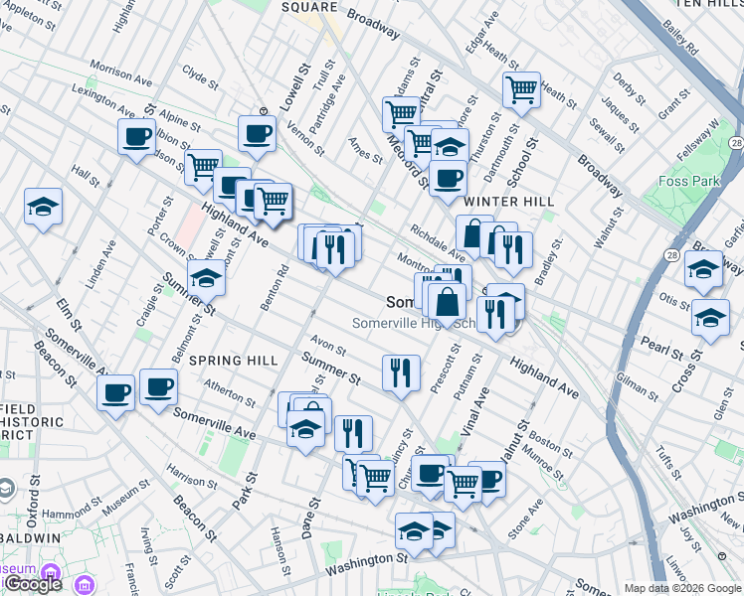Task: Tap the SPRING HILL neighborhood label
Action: [233, 360]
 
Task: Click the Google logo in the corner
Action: [33, 584]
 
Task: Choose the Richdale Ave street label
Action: [439, 242]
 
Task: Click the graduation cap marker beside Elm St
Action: [43, 207]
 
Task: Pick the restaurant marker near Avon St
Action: [401, 372]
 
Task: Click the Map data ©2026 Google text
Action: [683, 588]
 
